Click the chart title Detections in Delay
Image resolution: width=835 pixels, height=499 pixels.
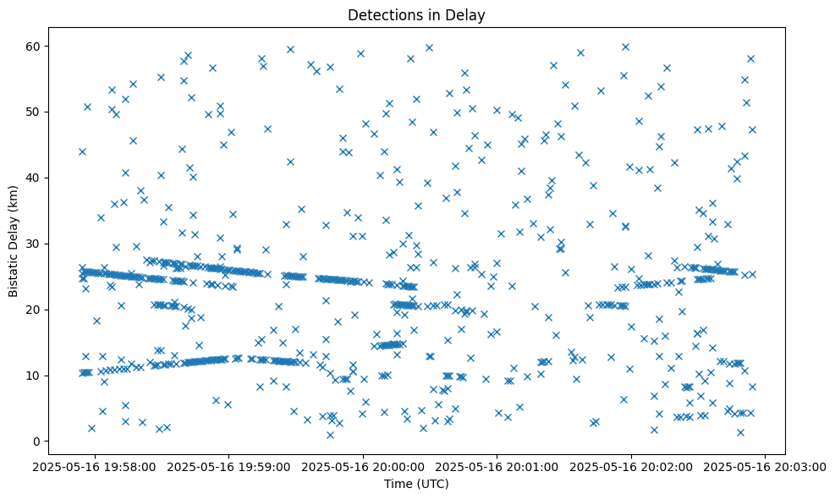416,14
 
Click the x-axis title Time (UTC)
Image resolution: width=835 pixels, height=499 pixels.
416,485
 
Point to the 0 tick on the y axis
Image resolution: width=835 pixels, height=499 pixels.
37,441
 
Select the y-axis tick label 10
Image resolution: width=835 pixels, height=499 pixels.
34,376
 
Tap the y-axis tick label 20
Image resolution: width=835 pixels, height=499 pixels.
34,310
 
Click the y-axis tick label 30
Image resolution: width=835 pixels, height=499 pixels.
34,244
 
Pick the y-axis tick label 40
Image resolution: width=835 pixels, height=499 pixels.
34,178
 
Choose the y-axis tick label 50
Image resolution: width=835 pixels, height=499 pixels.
34,112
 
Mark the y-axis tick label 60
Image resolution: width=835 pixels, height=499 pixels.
34,46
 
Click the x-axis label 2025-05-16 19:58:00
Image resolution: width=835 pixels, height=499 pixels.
94,466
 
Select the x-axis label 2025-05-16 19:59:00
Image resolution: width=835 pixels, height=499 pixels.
228,466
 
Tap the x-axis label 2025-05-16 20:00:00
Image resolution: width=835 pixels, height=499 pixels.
363,466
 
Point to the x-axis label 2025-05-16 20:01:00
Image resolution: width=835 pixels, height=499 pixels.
497,466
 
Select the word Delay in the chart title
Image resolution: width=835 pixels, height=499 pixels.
469,14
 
